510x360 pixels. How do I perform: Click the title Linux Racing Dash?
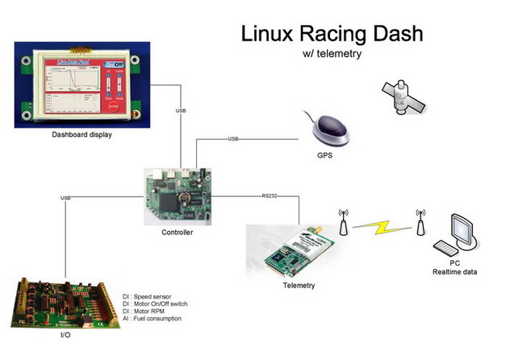tap(331, 35)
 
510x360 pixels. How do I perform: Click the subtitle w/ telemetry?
tap(331, 54)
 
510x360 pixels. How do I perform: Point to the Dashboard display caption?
tap(82, 135)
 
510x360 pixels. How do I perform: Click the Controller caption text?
tap(178, 232)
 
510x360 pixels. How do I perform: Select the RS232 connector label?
tap(270, 195)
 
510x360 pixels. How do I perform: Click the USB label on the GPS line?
tap(233, 140)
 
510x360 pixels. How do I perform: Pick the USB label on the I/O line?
tap(65, 198)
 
